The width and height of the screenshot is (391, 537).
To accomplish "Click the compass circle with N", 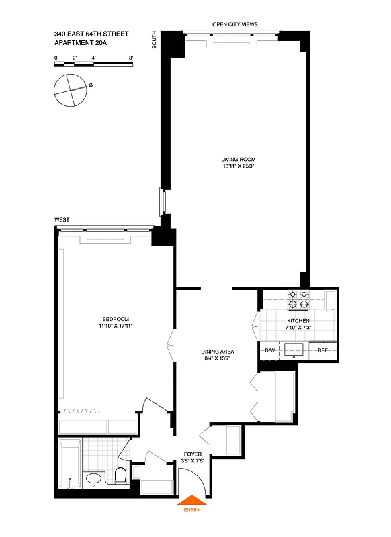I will (69, 89).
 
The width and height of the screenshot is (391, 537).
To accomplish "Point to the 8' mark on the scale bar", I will (132, 58).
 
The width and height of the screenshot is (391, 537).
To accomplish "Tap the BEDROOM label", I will (116, 319).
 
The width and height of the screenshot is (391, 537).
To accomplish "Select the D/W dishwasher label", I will (270, 350).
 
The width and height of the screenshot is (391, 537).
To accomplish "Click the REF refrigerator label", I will (322, 350).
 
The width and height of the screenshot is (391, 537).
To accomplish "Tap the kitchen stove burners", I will (298, 299).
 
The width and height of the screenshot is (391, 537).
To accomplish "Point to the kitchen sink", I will (294, 349).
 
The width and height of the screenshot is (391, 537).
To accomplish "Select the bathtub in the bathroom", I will (70, 464).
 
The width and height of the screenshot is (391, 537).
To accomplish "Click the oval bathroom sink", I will (93, 479).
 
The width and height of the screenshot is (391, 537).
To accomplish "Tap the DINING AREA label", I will (217, 352).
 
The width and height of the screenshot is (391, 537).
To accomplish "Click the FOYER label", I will (193, 454).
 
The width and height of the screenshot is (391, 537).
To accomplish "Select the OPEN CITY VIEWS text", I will (234, 24).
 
